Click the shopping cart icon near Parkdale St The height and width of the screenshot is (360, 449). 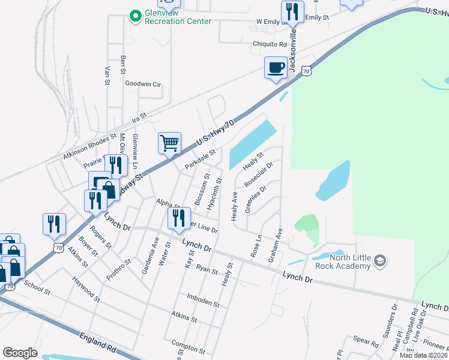170,143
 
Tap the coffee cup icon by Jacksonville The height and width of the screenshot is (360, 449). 276,67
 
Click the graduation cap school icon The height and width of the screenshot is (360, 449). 379,261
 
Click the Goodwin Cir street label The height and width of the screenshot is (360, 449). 143,85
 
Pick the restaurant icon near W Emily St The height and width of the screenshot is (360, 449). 290,11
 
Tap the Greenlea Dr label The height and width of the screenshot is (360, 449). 255,199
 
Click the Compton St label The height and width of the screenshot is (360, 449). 188,348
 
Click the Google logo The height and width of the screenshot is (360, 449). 20,353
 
